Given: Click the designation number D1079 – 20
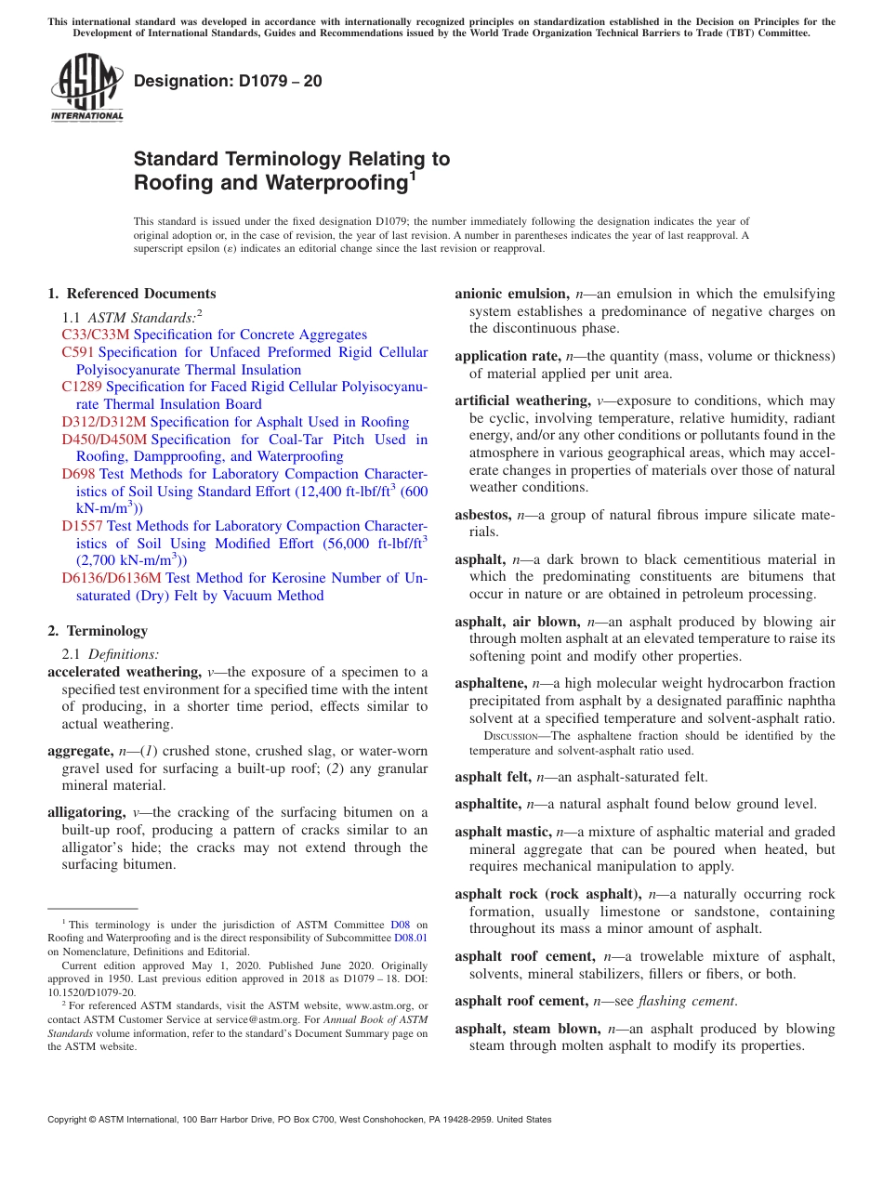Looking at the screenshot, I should pos(228,81).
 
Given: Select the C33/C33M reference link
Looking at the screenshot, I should pos(97,335).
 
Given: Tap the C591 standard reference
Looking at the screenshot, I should pos(78,352).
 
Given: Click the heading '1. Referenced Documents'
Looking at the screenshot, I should pos(131,294).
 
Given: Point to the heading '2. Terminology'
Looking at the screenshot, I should pos(98,631).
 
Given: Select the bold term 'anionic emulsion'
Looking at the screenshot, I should pos(510,294).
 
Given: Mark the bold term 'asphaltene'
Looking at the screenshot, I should pos(490,683).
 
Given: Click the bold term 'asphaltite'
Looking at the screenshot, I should pos(488,804).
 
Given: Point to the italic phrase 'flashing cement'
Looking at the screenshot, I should pos(686,1001).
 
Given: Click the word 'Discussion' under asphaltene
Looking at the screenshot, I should pos(499,736).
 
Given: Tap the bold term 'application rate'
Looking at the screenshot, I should pos(507,356).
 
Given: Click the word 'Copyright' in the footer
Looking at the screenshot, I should pos(70,1120).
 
